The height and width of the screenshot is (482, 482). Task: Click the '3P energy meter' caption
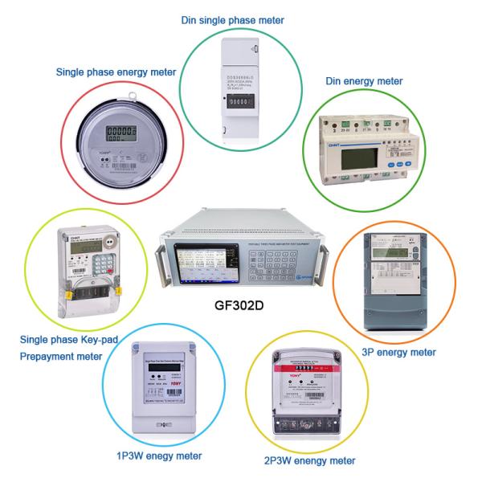398,352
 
